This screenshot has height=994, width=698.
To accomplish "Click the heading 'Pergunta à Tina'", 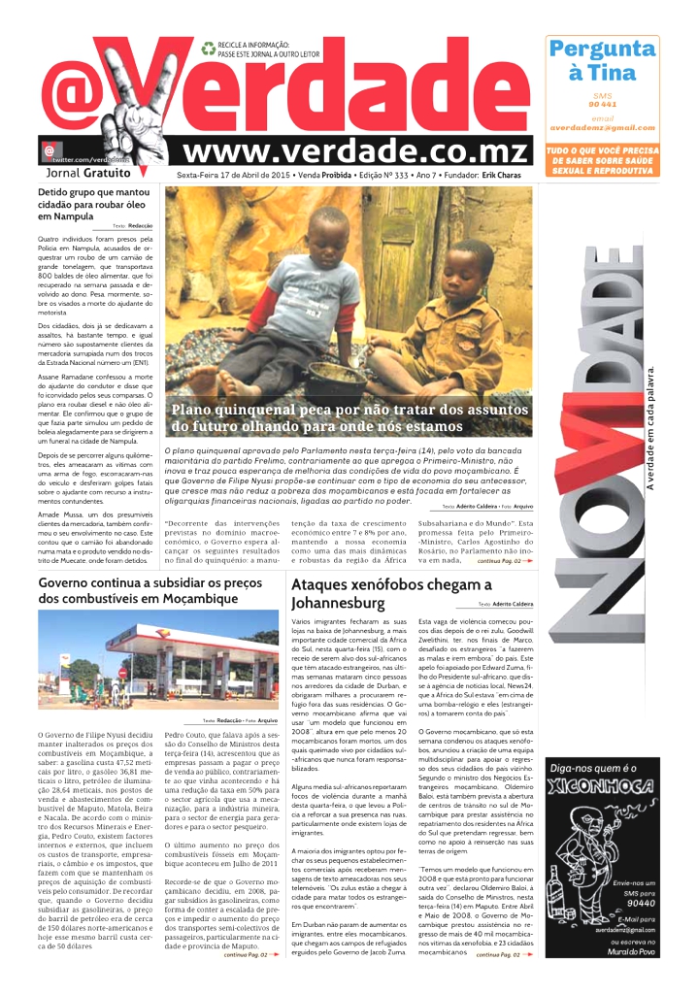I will coord(602,60).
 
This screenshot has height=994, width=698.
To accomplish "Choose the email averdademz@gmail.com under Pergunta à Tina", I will coord(602,127).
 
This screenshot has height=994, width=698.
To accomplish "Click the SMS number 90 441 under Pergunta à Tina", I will coord(602,104).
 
